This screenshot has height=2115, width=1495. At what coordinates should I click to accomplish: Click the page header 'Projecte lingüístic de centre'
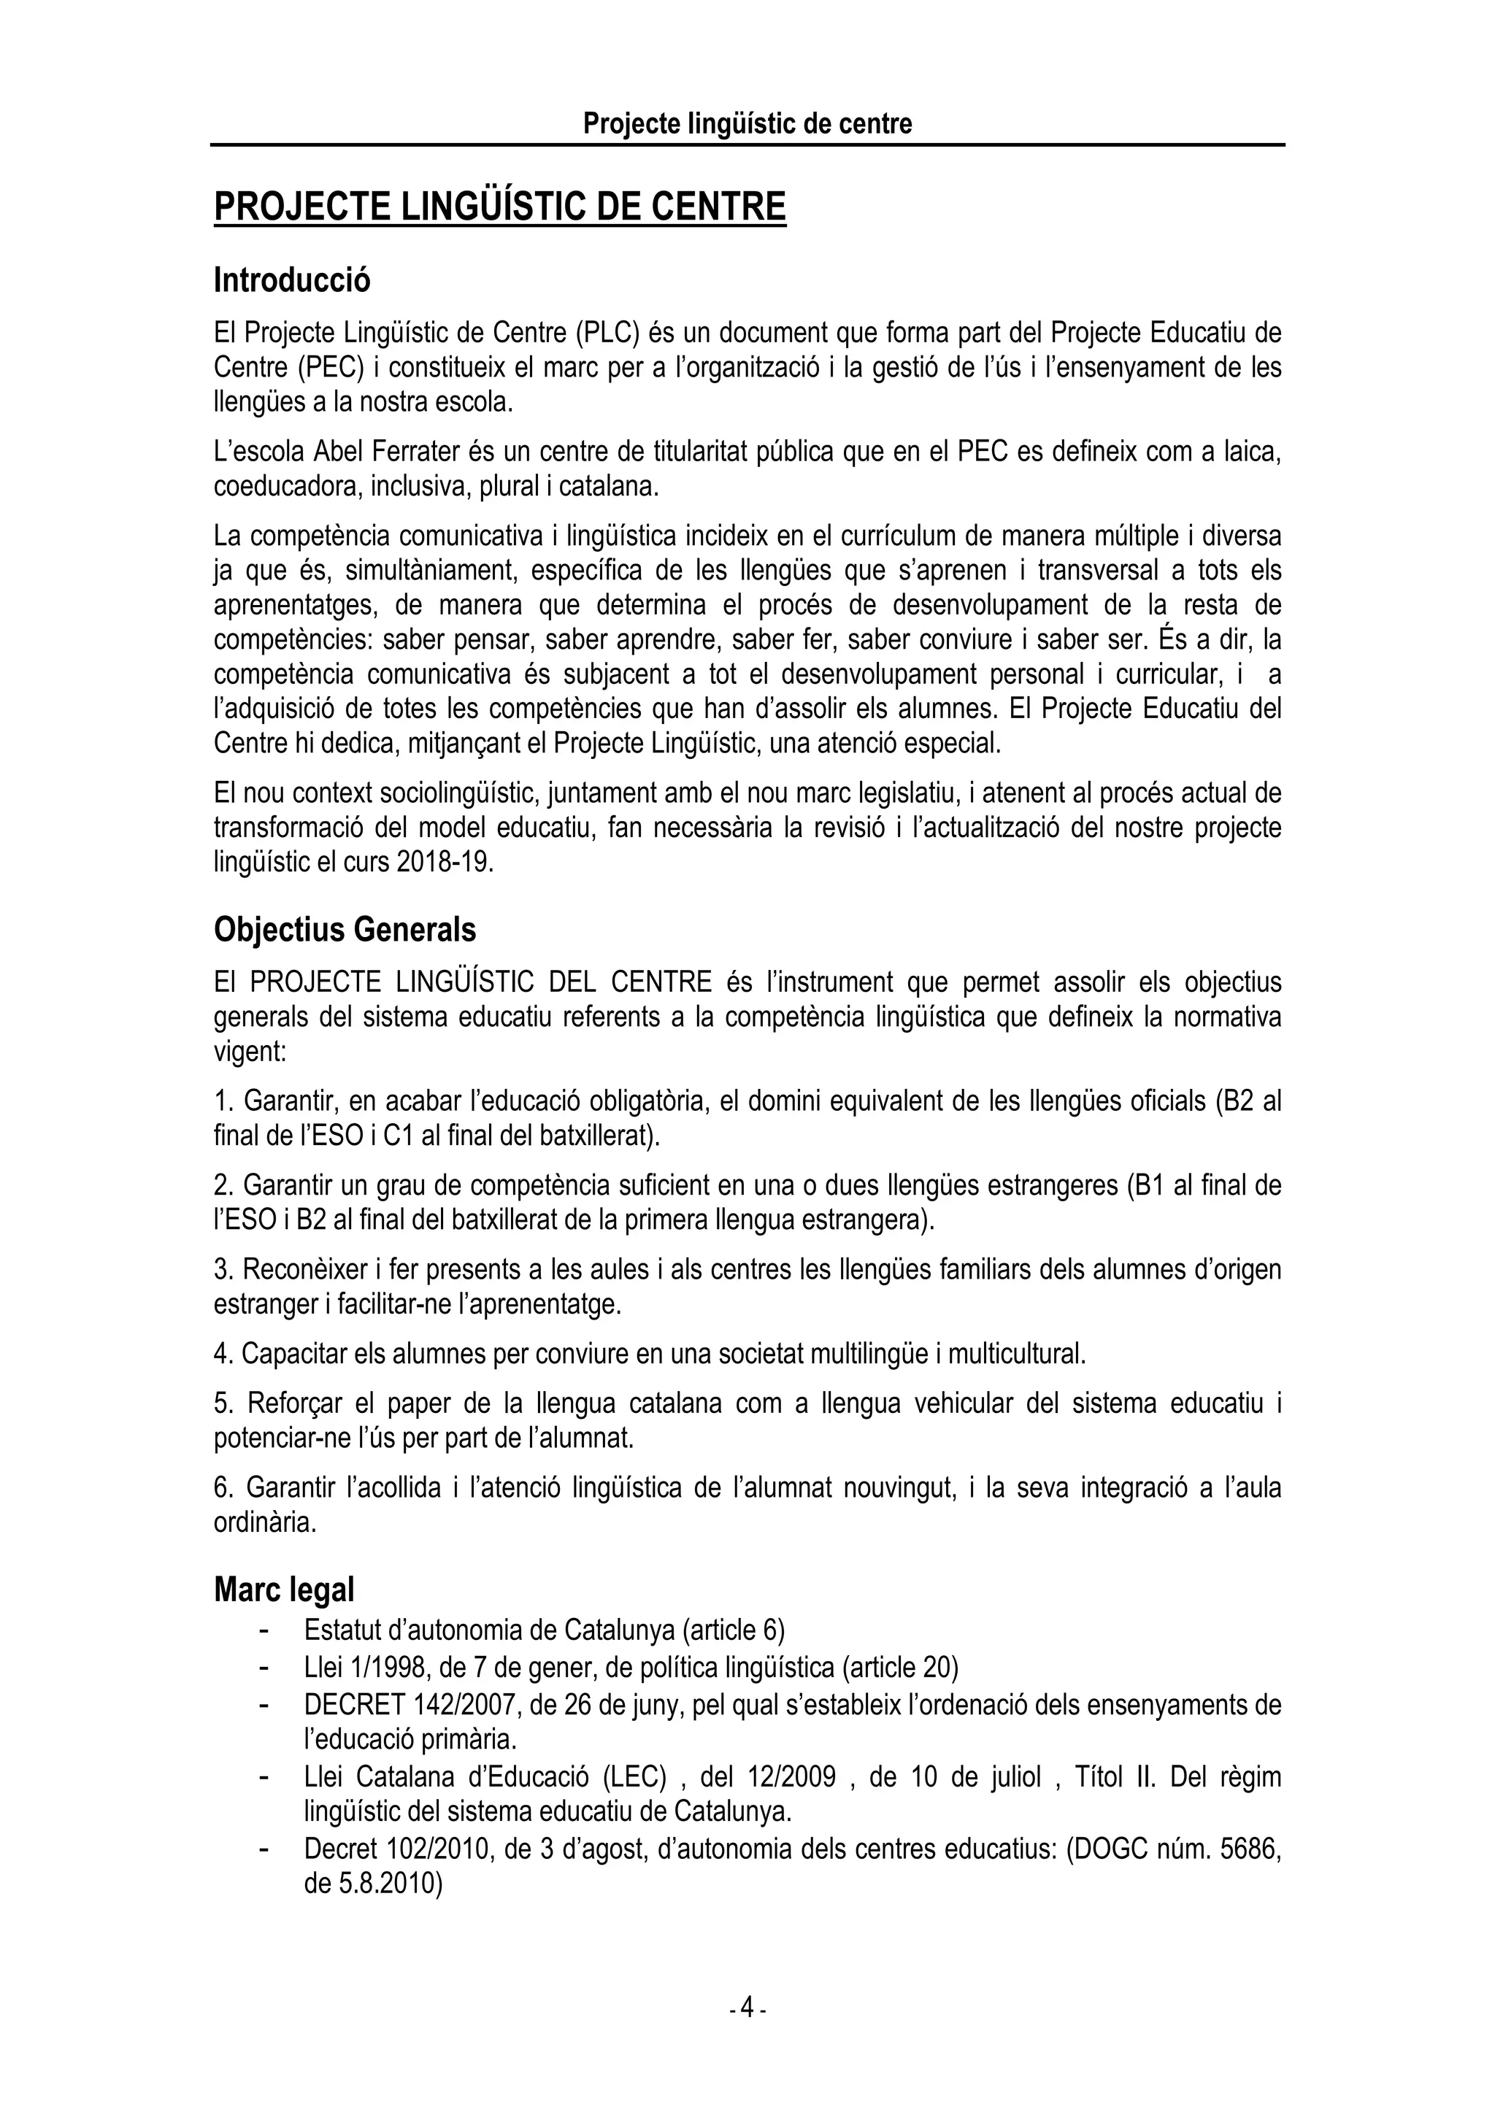tap(747, 123)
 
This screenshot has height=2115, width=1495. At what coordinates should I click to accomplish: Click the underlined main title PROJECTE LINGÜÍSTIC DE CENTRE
tap(499, 207)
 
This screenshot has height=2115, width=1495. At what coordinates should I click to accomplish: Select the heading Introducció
tap(292, 280)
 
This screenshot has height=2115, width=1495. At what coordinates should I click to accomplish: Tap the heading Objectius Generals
tap(345, 930)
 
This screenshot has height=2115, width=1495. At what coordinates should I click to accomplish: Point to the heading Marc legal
tap(284, 1590)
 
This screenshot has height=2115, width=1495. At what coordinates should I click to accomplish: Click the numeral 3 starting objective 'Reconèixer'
tap(221, 1271)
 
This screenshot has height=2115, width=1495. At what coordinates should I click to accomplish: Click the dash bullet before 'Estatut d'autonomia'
tap(264, 1630)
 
